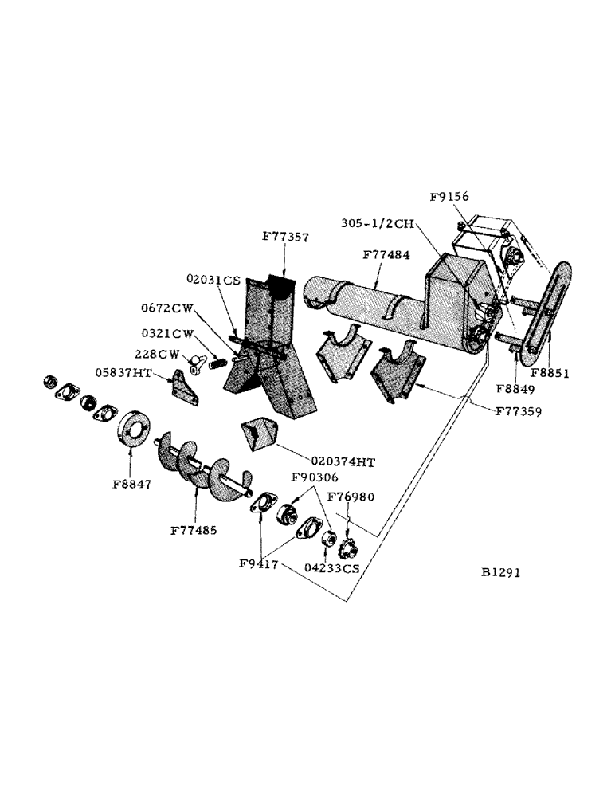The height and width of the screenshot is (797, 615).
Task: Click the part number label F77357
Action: point(285,237)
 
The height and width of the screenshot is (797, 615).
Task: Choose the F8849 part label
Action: point(515,390)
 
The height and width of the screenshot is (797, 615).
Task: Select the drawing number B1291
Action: point(502,572)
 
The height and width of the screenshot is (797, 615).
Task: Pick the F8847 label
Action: point(131,482)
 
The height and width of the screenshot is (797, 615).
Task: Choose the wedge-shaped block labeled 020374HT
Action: point(260,434)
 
